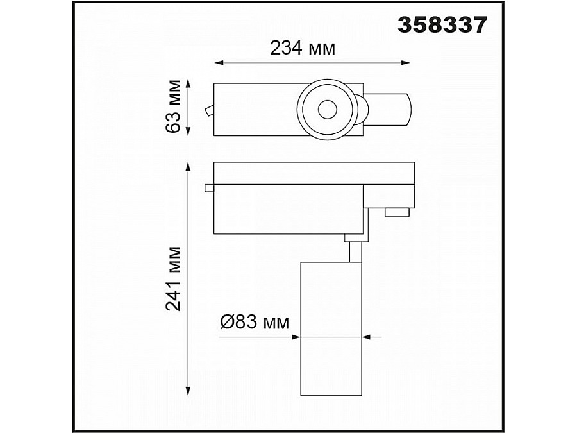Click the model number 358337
click(x=442, y=26)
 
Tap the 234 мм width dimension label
click(x=303, y=48)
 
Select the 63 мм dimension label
click(x=173, y=106)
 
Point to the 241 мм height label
click(x=173, y=279)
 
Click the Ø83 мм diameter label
click(x=255, y=322)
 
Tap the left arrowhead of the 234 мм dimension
click(x=219, y=63)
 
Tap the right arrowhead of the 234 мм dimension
click(x=405, y=63)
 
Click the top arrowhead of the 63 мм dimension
click(x=188, y=83)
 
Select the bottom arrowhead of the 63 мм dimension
click(x=188, y=131)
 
